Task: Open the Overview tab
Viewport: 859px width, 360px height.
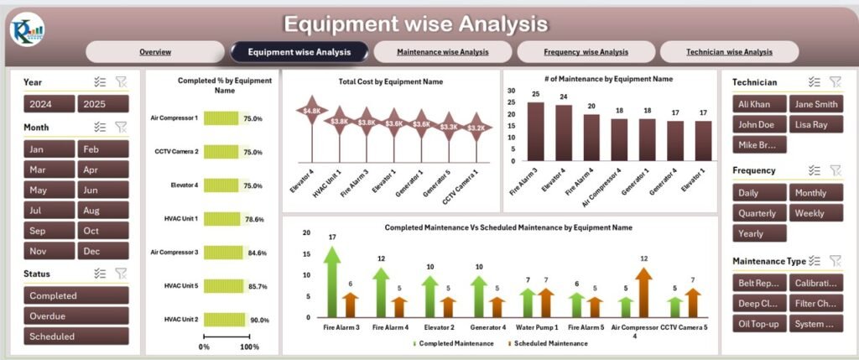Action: click(x=155, y=52)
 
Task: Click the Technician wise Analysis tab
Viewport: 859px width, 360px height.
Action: click(x=729, y=52)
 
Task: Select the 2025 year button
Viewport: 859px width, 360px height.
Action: click(x=103, y=104)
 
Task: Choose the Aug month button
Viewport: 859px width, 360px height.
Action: click(x=103, y=211)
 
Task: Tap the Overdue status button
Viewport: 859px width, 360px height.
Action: click(x=76, y=316)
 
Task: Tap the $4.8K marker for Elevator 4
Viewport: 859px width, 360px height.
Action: click(x=313, y=111)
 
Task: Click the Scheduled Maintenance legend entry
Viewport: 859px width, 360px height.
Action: click(x=550, y=343)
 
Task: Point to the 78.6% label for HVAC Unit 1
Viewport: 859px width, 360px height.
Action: click(x=253, y=219)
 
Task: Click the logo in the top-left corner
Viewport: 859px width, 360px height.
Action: click(x=28, y=30)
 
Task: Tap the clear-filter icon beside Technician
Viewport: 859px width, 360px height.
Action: click(x=835, y=82)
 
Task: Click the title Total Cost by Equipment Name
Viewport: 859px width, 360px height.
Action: click(x=391, y=82)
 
